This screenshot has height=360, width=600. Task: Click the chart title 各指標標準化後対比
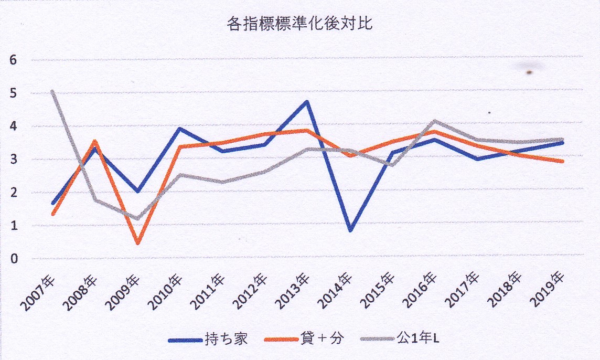(299, 24)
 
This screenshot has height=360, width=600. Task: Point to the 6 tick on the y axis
(14, 60)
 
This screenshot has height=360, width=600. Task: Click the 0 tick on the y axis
(14, 258)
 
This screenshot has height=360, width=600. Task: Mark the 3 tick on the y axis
(14, 159)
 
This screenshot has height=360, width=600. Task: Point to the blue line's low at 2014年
(350, 230)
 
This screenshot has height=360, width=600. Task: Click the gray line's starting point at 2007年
(53, 91)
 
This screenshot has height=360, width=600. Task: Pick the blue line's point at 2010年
(180, 128)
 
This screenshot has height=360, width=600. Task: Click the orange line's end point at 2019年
(562, 161)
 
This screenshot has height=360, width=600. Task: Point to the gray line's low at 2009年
(137, 218)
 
